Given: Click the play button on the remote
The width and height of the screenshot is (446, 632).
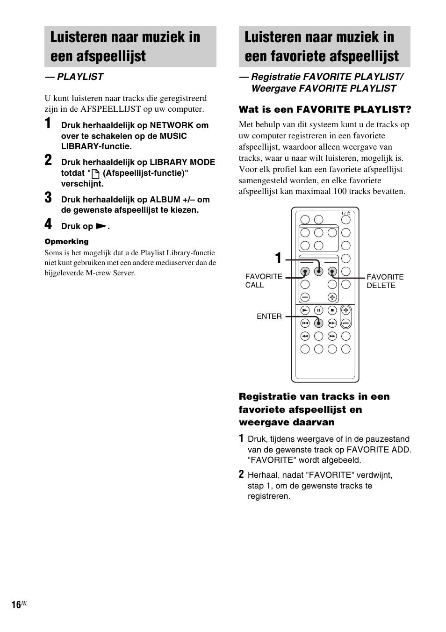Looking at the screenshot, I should (x=305, y=310).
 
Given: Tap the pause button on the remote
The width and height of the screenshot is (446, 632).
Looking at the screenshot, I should (x=318, y=310).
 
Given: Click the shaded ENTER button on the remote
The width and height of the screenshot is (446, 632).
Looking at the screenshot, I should (x=318, y=323).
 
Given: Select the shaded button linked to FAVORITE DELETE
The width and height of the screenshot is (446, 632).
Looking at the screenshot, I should (x=332, y=271).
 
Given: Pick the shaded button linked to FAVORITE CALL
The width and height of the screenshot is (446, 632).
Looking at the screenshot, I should (x=305, y=271).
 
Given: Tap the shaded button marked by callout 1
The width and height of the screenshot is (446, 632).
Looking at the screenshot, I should (x=318, y=271).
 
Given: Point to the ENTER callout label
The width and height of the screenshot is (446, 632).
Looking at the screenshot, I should (x=269, y=316).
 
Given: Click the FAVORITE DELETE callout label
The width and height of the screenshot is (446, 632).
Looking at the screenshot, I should (x=385, y=281).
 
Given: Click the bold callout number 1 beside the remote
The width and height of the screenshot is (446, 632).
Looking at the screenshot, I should (x=278, y=259).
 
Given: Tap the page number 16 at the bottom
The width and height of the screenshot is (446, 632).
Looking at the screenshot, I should (x=16, y=605).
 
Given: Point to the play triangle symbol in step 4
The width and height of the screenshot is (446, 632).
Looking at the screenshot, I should (x=101, y=226).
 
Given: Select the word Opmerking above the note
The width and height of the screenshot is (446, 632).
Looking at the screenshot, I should (x=66, y=242).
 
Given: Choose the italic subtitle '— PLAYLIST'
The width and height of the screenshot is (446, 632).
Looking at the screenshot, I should (x=74, y=77).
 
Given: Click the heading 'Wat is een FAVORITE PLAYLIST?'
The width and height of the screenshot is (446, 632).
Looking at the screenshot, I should (x=325, y=109).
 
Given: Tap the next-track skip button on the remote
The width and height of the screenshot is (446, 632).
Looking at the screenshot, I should (x=332, y=323).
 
